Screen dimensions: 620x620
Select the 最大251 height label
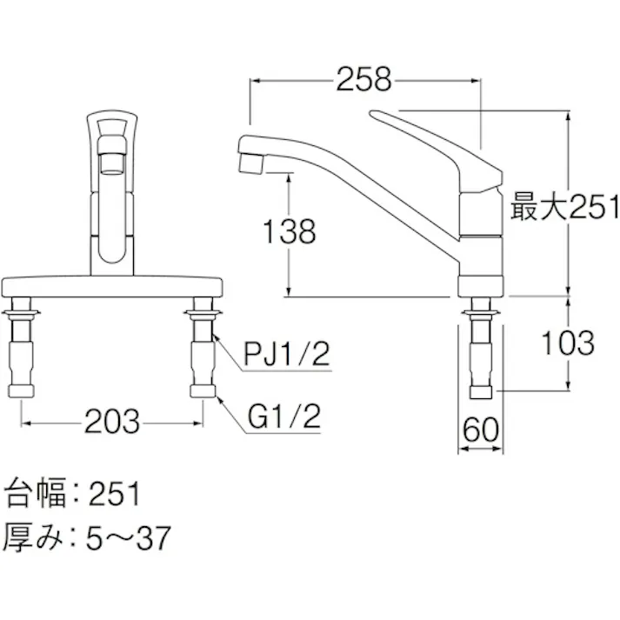point(564,207)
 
